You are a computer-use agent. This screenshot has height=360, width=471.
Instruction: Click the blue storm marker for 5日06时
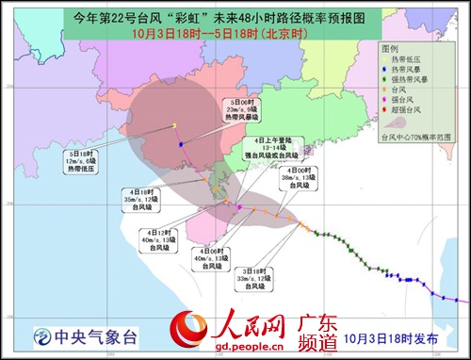point(180,144)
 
